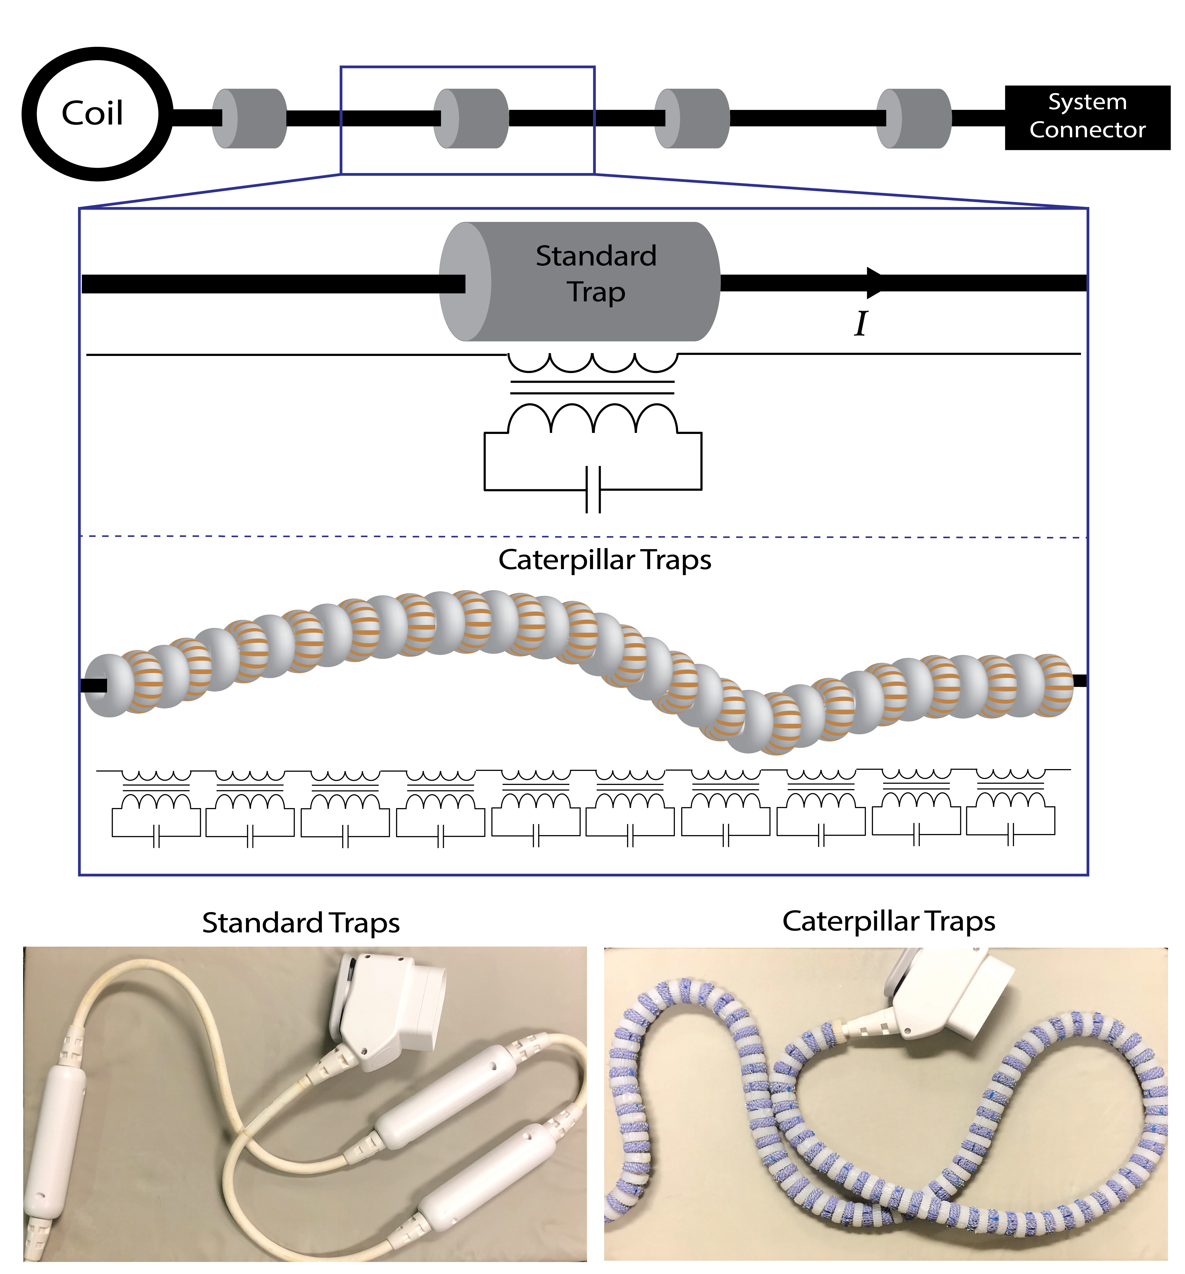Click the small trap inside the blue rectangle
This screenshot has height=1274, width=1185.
tap(471, 119)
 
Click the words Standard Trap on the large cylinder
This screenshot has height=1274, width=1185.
tap(596, 274)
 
